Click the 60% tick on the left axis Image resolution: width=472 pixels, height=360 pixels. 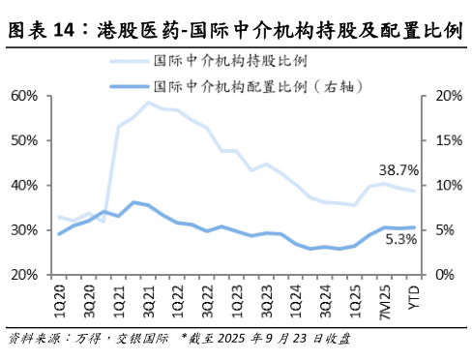coord(24,97)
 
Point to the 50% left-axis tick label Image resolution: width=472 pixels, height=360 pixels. coord(24,141)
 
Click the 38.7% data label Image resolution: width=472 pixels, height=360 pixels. coord(398,170)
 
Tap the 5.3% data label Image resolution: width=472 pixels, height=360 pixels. coord(400,240)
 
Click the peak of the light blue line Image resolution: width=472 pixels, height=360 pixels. coord(148,103)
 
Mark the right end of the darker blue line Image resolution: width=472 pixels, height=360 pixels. coord(415,227)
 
